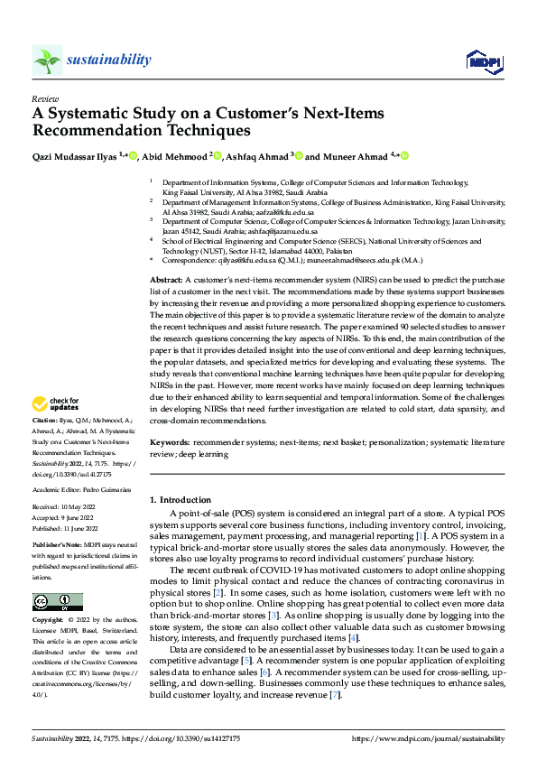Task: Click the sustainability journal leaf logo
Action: (48, 60)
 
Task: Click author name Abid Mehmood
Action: (176, 156)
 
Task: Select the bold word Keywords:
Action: (170, 443)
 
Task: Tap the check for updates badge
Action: (55, 404)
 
